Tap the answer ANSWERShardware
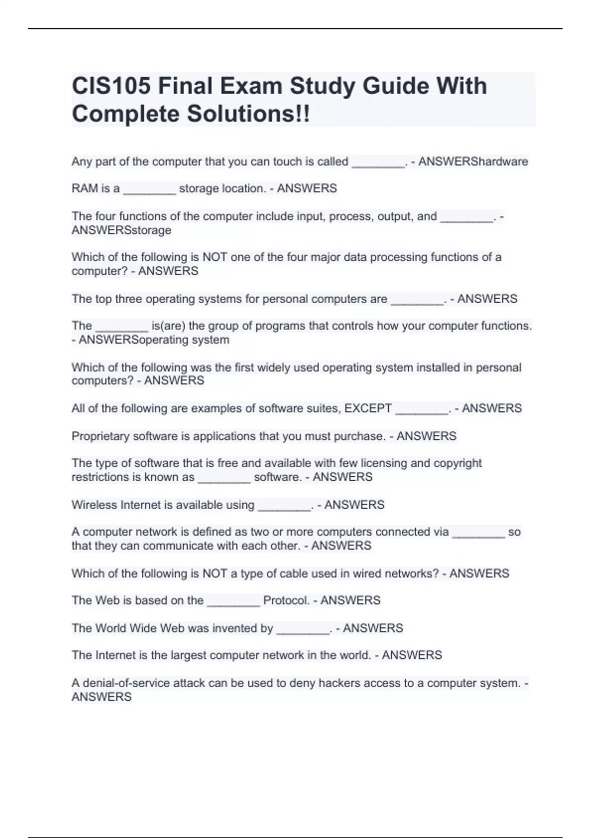[473, 162]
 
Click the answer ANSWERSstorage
[121, 230]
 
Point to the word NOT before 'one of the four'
[215, 257]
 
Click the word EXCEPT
[368, 409]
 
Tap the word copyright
[458, 463]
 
